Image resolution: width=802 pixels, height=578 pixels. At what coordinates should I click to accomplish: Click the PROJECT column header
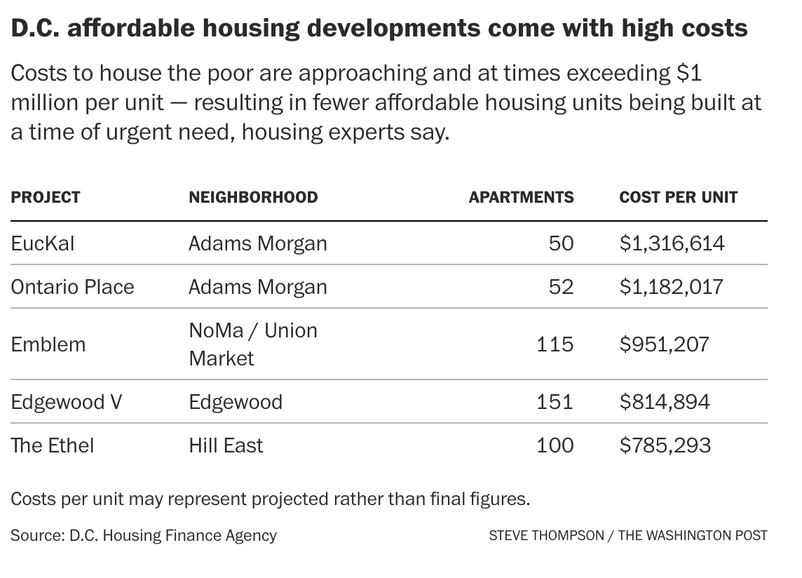point(46,197)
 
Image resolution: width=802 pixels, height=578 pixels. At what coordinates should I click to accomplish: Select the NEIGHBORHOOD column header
point(253,197)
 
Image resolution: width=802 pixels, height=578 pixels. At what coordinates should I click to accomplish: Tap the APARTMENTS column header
point(521,197)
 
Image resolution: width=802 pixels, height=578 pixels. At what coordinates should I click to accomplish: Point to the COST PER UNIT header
point(678,197)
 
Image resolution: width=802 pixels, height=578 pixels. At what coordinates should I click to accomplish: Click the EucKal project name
point(43,243)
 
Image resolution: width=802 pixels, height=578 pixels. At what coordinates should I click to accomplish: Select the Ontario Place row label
point(72,287)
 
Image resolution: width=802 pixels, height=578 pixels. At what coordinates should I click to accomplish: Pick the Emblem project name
point(48,344)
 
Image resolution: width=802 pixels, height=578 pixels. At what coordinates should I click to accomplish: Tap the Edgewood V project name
point(67,402)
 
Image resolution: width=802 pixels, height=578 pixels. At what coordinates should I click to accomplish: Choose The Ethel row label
point(52,445)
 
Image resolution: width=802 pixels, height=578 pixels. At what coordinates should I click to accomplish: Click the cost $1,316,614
point(672,243)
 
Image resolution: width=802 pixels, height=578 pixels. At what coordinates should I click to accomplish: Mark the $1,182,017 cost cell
point(671,287)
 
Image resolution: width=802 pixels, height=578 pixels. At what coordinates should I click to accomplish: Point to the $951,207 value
point(664,344)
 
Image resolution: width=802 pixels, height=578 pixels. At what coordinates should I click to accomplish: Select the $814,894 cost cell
point(665,402)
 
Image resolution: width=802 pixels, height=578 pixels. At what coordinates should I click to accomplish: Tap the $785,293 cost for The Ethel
point(665,445)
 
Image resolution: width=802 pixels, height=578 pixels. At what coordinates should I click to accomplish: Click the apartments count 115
point(555,344)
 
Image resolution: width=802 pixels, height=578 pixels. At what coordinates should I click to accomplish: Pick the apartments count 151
point(555,402)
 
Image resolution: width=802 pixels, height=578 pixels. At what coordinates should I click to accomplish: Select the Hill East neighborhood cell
point(226,445)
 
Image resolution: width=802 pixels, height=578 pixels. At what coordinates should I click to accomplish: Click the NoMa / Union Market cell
point(252,344)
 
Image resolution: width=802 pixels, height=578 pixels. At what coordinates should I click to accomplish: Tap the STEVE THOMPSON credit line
point(627,535)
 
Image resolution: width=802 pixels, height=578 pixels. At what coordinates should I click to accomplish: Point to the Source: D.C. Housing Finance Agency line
point(144,535)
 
